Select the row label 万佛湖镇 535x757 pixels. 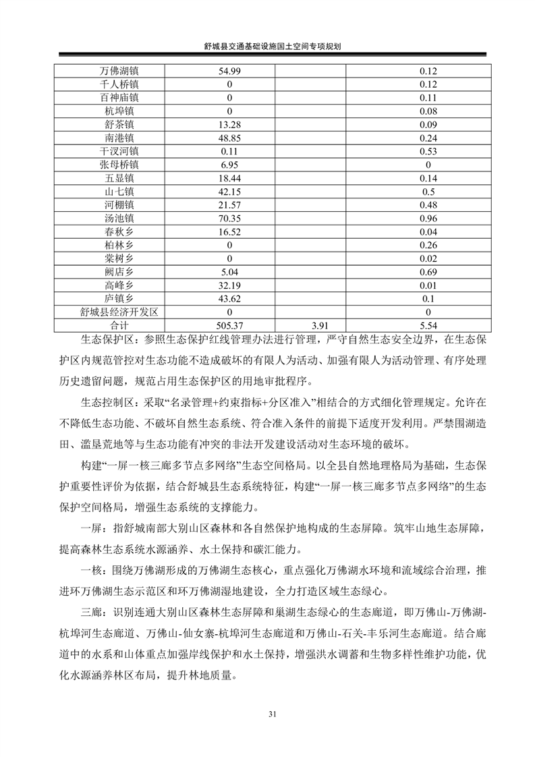point(119,72)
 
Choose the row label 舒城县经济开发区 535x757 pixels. point(119,312)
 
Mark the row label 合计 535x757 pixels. point(119,325)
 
